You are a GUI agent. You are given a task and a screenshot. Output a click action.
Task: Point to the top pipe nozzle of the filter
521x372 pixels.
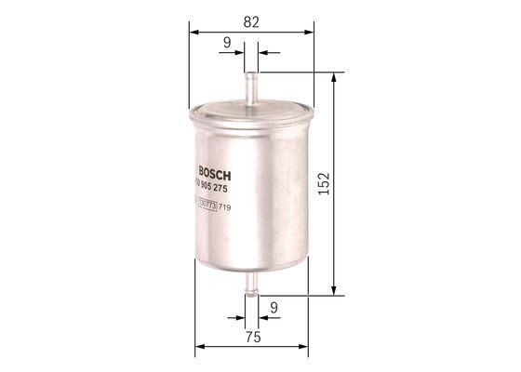coord(252,84)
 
